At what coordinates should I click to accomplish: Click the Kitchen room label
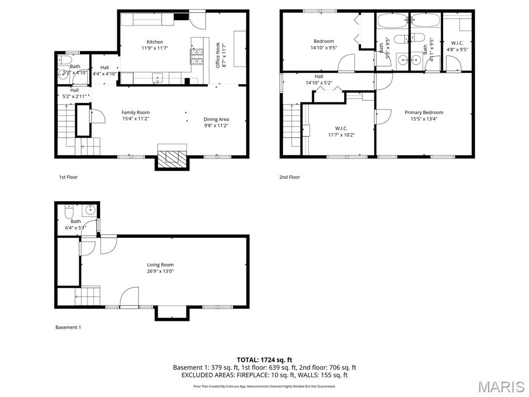(x=154, y=45)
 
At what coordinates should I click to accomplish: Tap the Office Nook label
(x=221, y=55)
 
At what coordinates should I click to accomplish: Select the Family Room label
(x=135, y=115)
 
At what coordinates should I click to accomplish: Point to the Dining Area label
(x=216, y=122)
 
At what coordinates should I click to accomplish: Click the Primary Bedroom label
(x=424, y=115)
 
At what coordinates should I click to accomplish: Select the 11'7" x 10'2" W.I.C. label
(x=341, y=131)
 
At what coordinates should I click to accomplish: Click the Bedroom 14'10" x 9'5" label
(x=323, y=44)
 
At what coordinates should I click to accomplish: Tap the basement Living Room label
(x=160, y=268)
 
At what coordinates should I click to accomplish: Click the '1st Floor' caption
(x=68, y=177)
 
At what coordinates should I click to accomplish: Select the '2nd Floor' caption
(x=289, y=177)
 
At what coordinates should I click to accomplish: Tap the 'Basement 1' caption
(x=68, y=327)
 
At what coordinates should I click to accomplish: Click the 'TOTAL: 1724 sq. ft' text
(x=264, y=359)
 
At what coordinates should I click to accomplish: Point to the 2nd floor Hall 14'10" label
(x=319, y=80)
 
